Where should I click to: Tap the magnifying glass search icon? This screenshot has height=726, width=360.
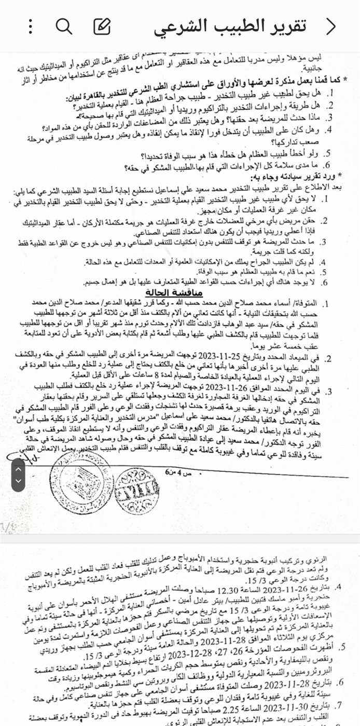pyautogui.click(x=64, y=26)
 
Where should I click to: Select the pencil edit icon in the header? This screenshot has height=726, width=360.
pyautogui.click(x=102, y=26)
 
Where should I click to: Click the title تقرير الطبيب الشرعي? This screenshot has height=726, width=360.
pyautogui.click(x=228, y=26)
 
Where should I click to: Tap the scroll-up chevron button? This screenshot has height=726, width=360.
pyautogui.click(x=18, y=468)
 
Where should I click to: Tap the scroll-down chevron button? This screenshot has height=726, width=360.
pyautogui.click(x=18, y=482)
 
